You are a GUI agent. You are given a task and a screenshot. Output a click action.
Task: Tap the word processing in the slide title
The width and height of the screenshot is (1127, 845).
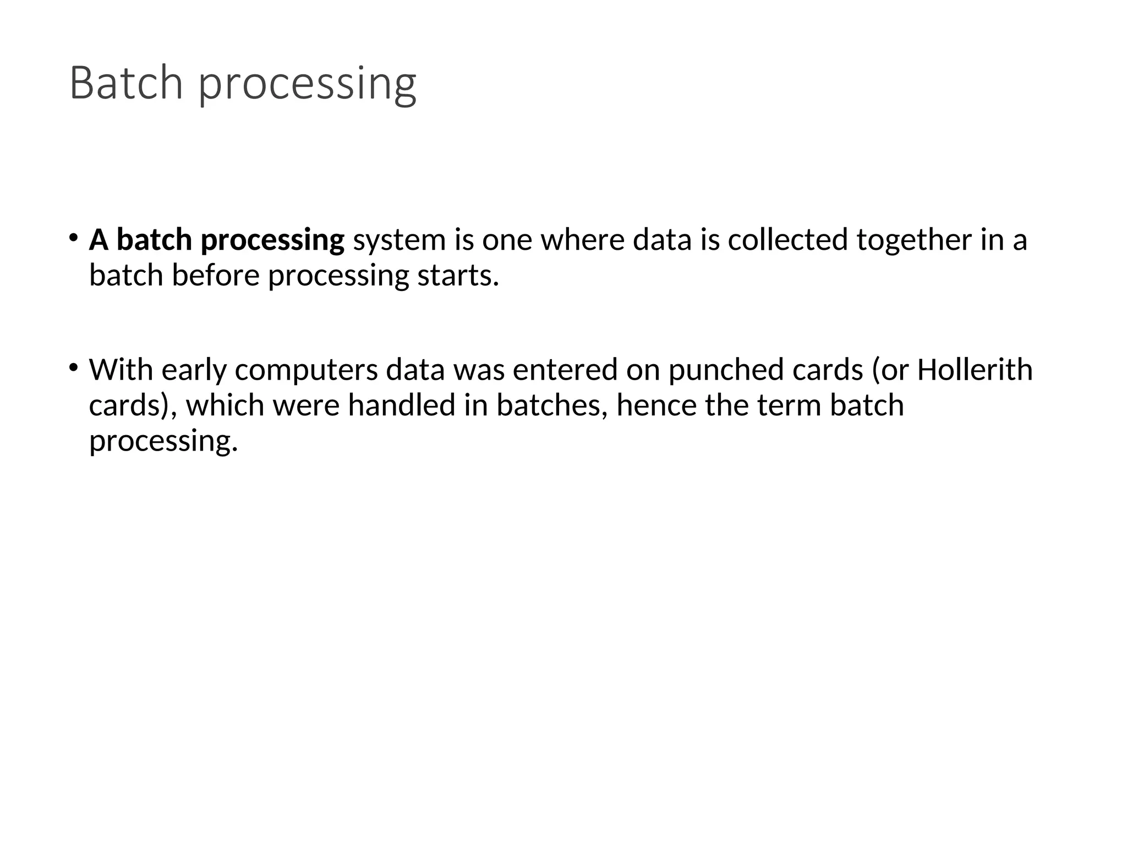[307, 85]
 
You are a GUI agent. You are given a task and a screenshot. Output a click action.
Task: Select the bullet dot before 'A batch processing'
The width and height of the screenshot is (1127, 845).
[73, 237]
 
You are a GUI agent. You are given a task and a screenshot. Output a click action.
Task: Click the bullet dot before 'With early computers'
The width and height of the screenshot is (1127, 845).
[73, 367]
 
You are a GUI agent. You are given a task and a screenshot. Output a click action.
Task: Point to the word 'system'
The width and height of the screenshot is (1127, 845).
[399, 240]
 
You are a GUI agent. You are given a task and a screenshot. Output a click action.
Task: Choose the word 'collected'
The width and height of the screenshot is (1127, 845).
[787, 240]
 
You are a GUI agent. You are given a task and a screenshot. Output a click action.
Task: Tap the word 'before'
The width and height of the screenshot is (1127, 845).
[215, 275]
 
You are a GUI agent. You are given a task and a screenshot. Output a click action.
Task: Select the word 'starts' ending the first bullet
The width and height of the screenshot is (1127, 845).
[457, 276]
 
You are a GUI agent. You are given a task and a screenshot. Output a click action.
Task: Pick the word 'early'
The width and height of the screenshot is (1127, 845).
[194, 370]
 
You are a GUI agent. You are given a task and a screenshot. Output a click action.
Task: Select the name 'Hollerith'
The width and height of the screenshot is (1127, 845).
[975, 369]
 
